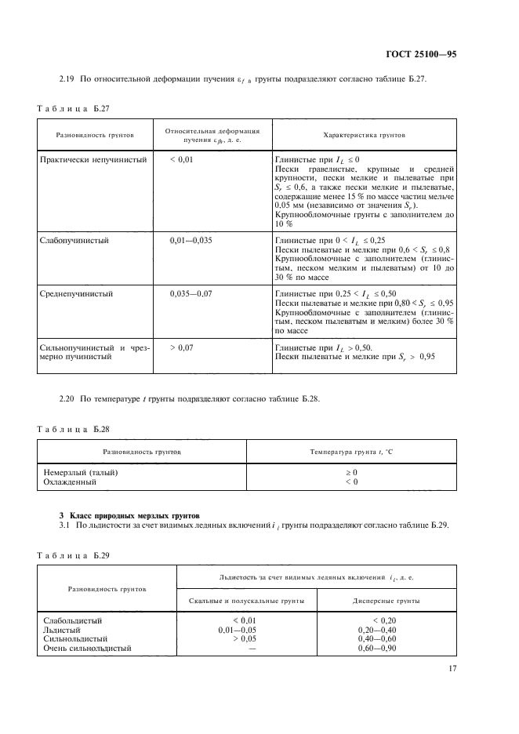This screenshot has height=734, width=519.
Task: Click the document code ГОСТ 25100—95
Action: coord(421,55)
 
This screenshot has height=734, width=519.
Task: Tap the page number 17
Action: coord(452,668)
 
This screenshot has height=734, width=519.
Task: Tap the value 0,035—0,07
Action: coord(191,293)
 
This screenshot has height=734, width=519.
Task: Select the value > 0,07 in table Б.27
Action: coord(182,347)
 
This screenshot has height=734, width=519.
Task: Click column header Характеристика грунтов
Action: coord(364,136)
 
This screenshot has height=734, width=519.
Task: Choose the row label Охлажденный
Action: coord(70,482)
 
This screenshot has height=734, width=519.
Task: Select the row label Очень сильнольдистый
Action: coord(87,648)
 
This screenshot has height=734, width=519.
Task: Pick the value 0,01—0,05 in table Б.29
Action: coord(238,629)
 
